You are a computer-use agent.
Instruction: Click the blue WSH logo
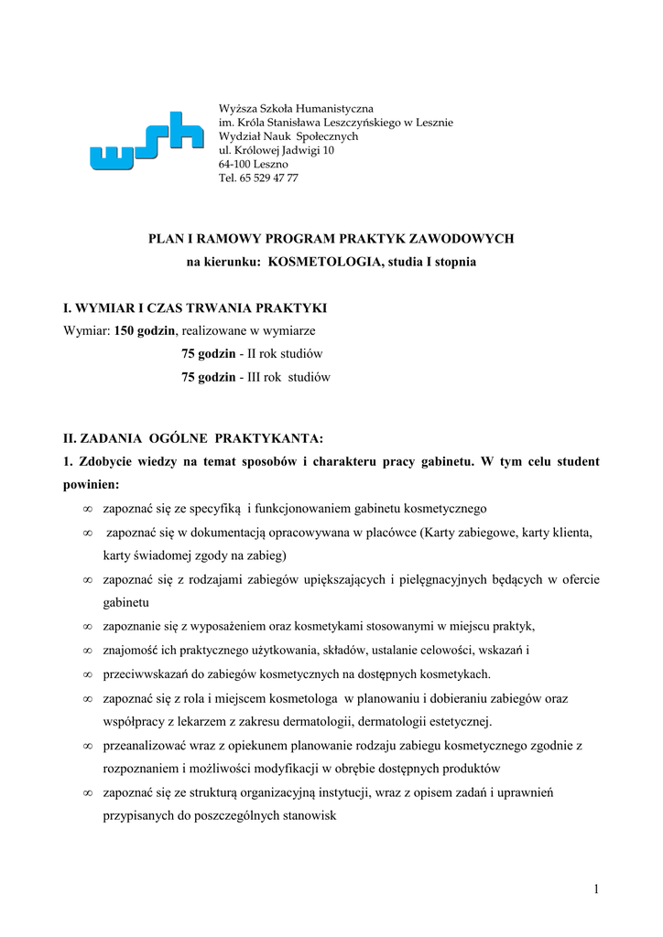pyautogui.click(x=147, y=141)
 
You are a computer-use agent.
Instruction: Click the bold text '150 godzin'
pyautogui.click(x=144, y=329)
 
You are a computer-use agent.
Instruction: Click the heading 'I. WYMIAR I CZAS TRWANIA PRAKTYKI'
pyautogui.click(x=195, y=306)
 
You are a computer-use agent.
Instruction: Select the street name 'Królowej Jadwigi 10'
pyautogui.click(x=282, y=150)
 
